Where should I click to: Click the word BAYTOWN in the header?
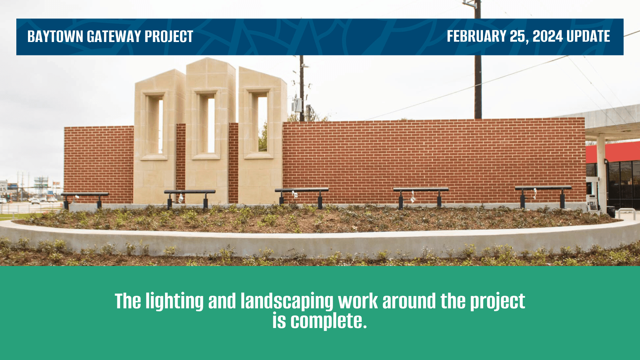point(55,36)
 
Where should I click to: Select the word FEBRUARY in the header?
point(477,36)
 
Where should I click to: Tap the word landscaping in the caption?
point(287,301)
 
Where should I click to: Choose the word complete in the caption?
point(328,321)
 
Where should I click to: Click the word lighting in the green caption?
point(175,301)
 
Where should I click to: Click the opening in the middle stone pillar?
point(211,125)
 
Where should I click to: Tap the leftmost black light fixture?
point(85,200)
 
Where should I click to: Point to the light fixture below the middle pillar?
point(190,198)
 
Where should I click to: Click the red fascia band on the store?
point(613,152)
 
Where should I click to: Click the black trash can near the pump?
point(611,212)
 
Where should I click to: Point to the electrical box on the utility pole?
point(297,105)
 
